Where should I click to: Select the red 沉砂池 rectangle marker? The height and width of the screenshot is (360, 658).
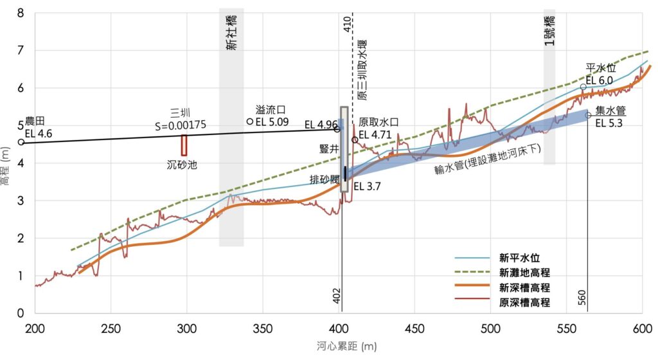[184, 145]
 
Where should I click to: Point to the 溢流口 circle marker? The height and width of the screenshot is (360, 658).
[249, 121]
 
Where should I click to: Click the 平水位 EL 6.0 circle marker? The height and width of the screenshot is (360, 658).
[583, 87]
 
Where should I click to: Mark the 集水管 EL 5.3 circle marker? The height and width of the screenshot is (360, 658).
[589, 115]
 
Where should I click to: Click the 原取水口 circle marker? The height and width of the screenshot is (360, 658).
[355, 139]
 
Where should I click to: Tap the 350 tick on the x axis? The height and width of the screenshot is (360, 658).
[262, 327]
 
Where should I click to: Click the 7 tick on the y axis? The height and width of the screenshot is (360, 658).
[21, 50]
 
